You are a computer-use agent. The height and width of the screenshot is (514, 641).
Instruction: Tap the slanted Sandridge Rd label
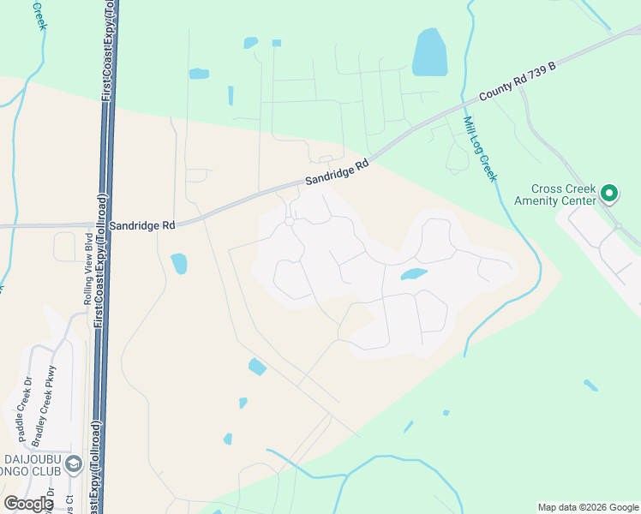pyautogui.click(x=338, y=172)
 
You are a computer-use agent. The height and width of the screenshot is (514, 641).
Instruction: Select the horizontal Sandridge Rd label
pyautogui.click(x=143, y=224)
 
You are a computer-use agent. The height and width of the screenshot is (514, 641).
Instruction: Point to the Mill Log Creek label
pyautogui.click(x=480, y=148)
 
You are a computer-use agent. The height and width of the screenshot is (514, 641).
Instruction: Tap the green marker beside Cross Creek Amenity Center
pyautogui.click(x=609, y=194)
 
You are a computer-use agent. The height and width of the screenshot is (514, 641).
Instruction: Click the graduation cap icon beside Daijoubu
pyautogui.click(x=74, y=464)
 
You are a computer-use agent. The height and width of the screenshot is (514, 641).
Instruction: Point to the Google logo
pyautogui.click(x=28, y=504)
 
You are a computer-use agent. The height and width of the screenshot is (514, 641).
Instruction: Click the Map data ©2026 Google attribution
pyautogui.click(x=587, y=507)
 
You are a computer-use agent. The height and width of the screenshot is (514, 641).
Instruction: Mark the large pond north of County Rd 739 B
pyautogui.click(x=429, y=52)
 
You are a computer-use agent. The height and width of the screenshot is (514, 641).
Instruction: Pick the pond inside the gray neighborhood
pyautogui.click(x=413, y=275)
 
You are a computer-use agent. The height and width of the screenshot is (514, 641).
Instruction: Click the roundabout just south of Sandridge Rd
pyautogui.click(x=291, y=222)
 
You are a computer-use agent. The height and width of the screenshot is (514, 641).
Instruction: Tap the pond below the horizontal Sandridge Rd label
pyautogui.click(x=179, y=263)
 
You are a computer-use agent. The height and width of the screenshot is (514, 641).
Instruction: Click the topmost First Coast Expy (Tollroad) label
pyautogui.click(x=106, y=51)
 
